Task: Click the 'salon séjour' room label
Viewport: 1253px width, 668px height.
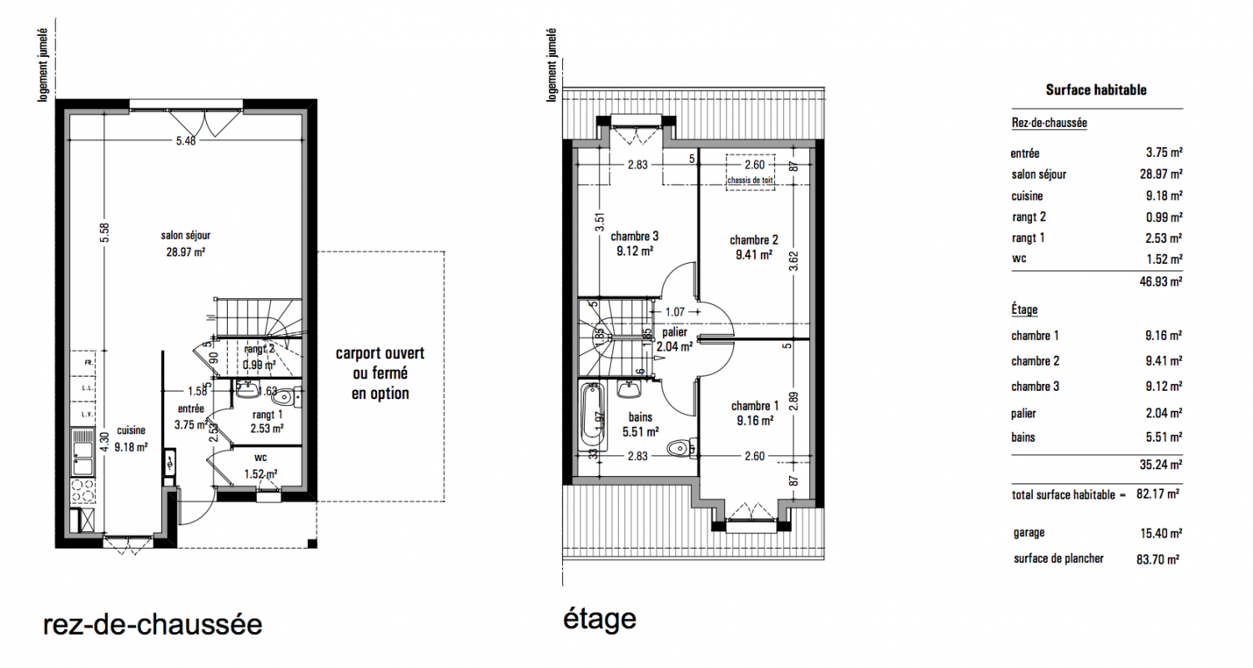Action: pos(186,235)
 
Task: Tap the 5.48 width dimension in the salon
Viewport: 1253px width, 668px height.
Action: pos(186,140)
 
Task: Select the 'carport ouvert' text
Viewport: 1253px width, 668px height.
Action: pos(380,353)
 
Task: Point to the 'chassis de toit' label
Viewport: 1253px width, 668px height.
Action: pos(751,180)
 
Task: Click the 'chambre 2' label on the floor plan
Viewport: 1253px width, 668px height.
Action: pos(753,240)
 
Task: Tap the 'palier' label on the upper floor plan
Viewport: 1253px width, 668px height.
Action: pos(675,332)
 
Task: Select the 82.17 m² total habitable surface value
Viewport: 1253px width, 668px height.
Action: pos(1158,493)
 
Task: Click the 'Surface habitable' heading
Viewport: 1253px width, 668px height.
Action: pos(1096,89)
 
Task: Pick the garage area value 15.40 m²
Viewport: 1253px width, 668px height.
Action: pos(1161,533)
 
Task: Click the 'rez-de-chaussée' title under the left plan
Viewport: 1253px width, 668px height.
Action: pos(153,625)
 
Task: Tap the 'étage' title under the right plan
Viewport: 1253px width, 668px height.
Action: pos(600,620)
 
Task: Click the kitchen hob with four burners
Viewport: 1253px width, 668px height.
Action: pos(83,491)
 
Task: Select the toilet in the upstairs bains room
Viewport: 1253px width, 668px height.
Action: pos(682,448)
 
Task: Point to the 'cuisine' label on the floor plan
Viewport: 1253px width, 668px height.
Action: pos(131,430)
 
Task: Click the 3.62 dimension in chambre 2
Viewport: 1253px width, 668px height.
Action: pos(793,261)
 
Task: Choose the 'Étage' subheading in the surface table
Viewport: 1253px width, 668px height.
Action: pos(1024,310)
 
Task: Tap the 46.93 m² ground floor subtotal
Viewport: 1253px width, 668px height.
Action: pos(1161,281)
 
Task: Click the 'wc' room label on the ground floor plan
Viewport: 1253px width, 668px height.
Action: pos(260,458)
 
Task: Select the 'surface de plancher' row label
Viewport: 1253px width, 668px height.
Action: pos(1059,559)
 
